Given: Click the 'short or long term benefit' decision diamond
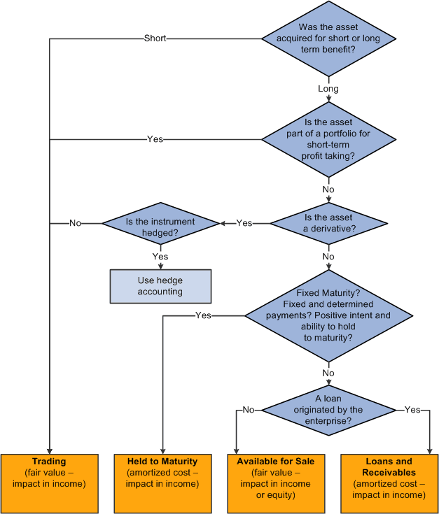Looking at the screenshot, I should point(328,38).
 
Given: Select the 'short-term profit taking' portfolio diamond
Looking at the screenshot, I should point(328,139).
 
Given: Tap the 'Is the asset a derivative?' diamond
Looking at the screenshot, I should point(328,223).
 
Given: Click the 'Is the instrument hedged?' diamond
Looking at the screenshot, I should point(160,223).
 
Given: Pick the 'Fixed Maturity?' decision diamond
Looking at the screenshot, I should point(328,316).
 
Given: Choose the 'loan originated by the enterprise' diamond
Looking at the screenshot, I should point(328,411).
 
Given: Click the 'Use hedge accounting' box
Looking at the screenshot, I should point(160,286).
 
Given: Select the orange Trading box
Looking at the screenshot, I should point(49,482).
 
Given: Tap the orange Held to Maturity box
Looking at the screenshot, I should point(163,482).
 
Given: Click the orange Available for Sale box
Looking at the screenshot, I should point(276,482).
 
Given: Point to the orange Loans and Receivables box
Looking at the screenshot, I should point(389,482).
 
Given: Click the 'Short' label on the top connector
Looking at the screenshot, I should point(155,38).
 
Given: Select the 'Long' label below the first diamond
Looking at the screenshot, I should point(328,89).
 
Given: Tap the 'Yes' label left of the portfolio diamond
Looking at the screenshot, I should point(155,139).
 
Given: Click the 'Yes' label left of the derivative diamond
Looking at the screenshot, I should point(244,223).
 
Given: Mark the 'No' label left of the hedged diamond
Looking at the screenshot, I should point(75,223).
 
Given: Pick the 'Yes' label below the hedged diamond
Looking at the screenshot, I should point(160,257).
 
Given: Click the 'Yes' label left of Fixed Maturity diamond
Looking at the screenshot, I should point(203,316).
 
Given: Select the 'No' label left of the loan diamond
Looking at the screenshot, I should point(248,411).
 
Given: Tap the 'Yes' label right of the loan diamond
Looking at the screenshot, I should point(412,411).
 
